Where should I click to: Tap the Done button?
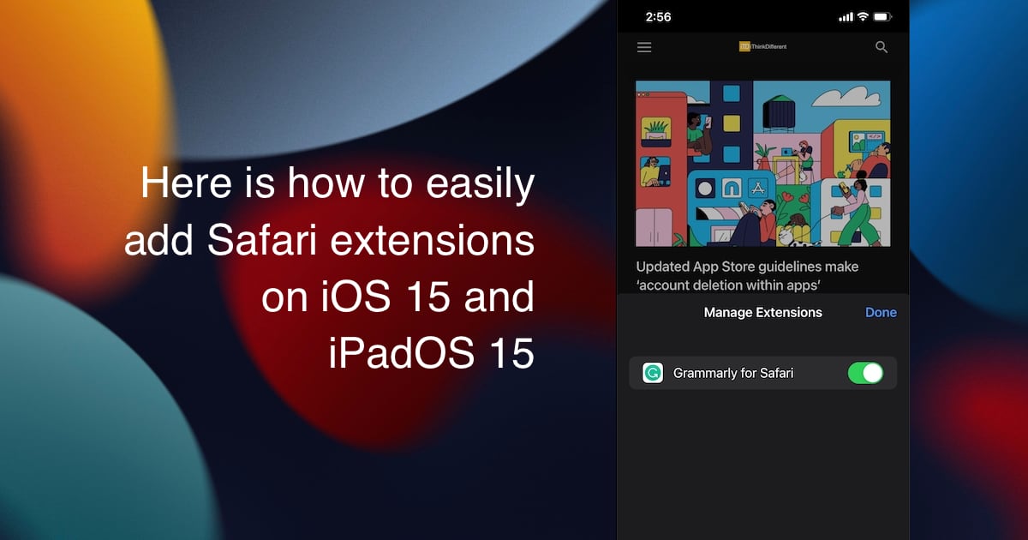pyautogui.click(x=881, y=313)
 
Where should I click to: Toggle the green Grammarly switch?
pyautogui.click(x=865, y=373)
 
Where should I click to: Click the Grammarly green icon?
pyautogui.click(x=653, y=373)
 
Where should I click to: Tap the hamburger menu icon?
pyautogui.click(x=644, y=47)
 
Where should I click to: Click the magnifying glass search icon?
pyautogui.click(x=882, y=47)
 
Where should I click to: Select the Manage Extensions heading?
pyautogui.click(x=762, y=313)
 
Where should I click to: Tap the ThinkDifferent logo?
pyautogui.click(x=762, y=46)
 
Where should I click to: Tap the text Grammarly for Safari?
pyautogui.click(x=733, y=373)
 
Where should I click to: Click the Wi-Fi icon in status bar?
pyautogui.click(x=863, y=17)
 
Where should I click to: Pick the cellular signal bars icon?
pyautogui.click(x=846, y=17)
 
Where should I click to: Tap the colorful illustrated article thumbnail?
pyautogui.click(x=762, y=164)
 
